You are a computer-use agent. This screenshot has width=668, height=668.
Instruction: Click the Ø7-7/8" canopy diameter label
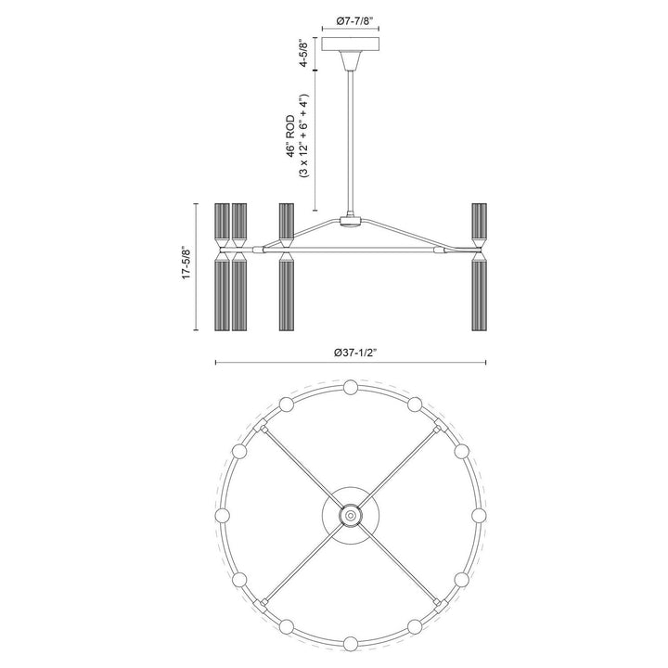[351, 20]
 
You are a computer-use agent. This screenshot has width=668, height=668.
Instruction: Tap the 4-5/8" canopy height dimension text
[303, 53]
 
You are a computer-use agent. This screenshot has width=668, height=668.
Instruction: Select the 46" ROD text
[290, 135]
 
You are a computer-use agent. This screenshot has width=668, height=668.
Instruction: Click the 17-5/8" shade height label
[186, 262]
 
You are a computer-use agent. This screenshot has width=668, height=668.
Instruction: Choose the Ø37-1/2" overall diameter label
[351, 353]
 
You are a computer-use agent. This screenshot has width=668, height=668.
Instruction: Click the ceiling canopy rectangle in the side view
[351, 45]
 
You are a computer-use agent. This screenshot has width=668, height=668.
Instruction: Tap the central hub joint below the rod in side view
[351, 221]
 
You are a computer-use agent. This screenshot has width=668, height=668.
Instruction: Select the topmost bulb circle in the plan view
[351, 387]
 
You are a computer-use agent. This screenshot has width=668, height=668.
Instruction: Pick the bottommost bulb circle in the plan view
[351, 643]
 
